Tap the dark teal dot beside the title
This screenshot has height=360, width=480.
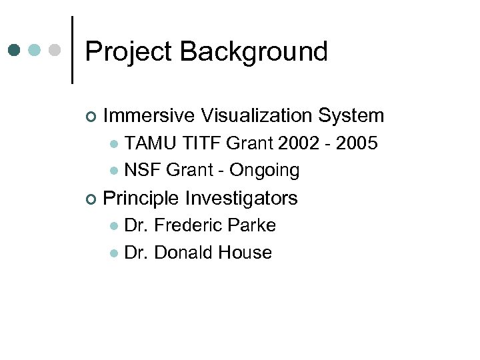point(15,50)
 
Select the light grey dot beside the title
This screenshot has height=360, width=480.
point(56,50)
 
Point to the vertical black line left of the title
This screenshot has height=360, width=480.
point(71,50)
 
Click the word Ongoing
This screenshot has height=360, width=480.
point(264,171)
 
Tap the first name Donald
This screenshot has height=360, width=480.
point(185,253)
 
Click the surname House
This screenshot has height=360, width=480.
point(246,253)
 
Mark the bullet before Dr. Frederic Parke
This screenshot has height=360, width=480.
point(114,226)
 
